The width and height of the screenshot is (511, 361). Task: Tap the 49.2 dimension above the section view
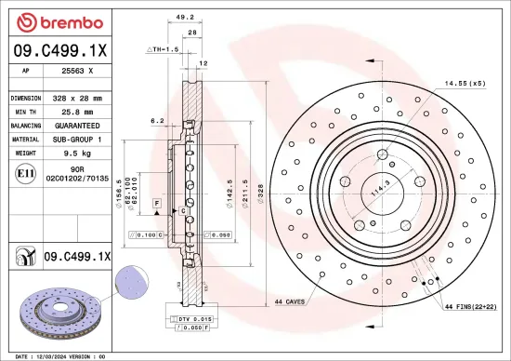184,17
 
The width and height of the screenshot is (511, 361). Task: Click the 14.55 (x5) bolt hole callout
464,84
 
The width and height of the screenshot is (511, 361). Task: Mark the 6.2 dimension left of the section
157,120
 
